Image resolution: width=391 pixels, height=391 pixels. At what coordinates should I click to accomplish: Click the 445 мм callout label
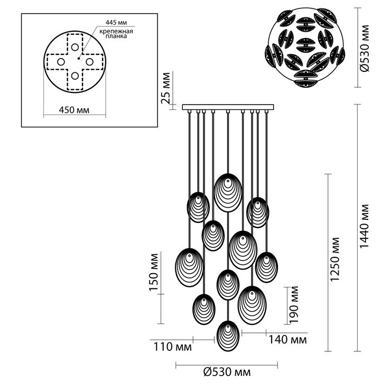116,23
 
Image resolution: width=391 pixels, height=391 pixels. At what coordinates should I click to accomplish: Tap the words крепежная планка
116,34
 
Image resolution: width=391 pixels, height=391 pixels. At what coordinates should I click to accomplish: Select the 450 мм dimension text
74,110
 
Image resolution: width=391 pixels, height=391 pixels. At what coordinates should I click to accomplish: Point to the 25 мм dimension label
166,88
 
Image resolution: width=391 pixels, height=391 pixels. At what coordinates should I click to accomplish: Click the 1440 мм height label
365,226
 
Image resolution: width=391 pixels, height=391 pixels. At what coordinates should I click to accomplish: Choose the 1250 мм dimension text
334,259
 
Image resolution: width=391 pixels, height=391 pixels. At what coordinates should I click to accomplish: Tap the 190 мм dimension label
294,305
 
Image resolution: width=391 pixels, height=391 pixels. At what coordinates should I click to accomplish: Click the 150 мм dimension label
154,272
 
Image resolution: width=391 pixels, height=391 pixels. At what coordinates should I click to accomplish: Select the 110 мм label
172,347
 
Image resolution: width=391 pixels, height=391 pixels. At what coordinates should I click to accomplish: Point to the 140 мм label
287,340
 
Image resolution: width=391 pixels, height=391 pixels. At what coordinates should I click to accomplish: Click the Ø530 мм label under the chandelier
227,373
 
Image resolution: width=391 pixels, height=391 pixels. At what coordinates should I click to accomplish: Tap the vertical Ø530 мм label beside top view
365,49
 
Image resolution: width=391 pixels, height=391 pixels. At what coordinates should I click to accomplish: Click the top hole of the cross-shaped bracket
75,47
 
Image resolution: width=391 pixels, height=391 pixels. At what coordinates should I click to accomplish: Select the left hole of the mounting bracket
61,62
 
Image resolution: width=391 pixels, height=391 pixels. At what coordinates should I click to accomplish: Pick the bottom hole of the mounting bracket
75,76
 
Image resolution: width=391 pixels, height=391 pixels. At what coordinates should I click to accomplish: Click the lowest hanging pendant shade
228,336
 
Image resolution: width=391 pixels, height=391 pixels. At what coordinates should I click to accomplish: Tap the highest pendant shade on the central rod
228,192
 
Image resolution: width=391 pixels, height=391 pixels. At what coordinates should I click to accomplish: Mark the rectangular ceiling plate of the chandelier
228,107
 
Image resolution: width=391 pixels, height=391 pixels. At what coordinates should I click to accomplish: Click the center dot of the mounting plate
79,58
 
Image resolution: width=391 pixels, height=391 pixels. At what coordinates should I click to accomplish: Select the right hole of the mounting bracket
90,62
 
